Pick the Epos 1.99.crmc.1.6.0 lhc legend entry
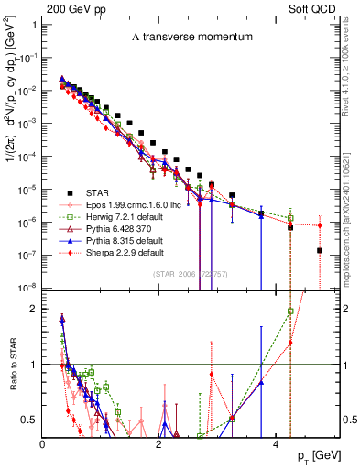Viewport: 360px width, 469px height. [136, 204]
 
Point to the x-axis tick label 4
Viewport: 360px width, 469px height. [276, 444]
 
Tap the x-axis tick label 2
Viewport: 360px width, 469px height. [159, 444]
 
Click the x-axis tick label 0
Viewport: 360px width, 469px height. [43, 444]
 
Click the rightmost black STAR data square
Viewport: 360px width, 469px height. [319, 250]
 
